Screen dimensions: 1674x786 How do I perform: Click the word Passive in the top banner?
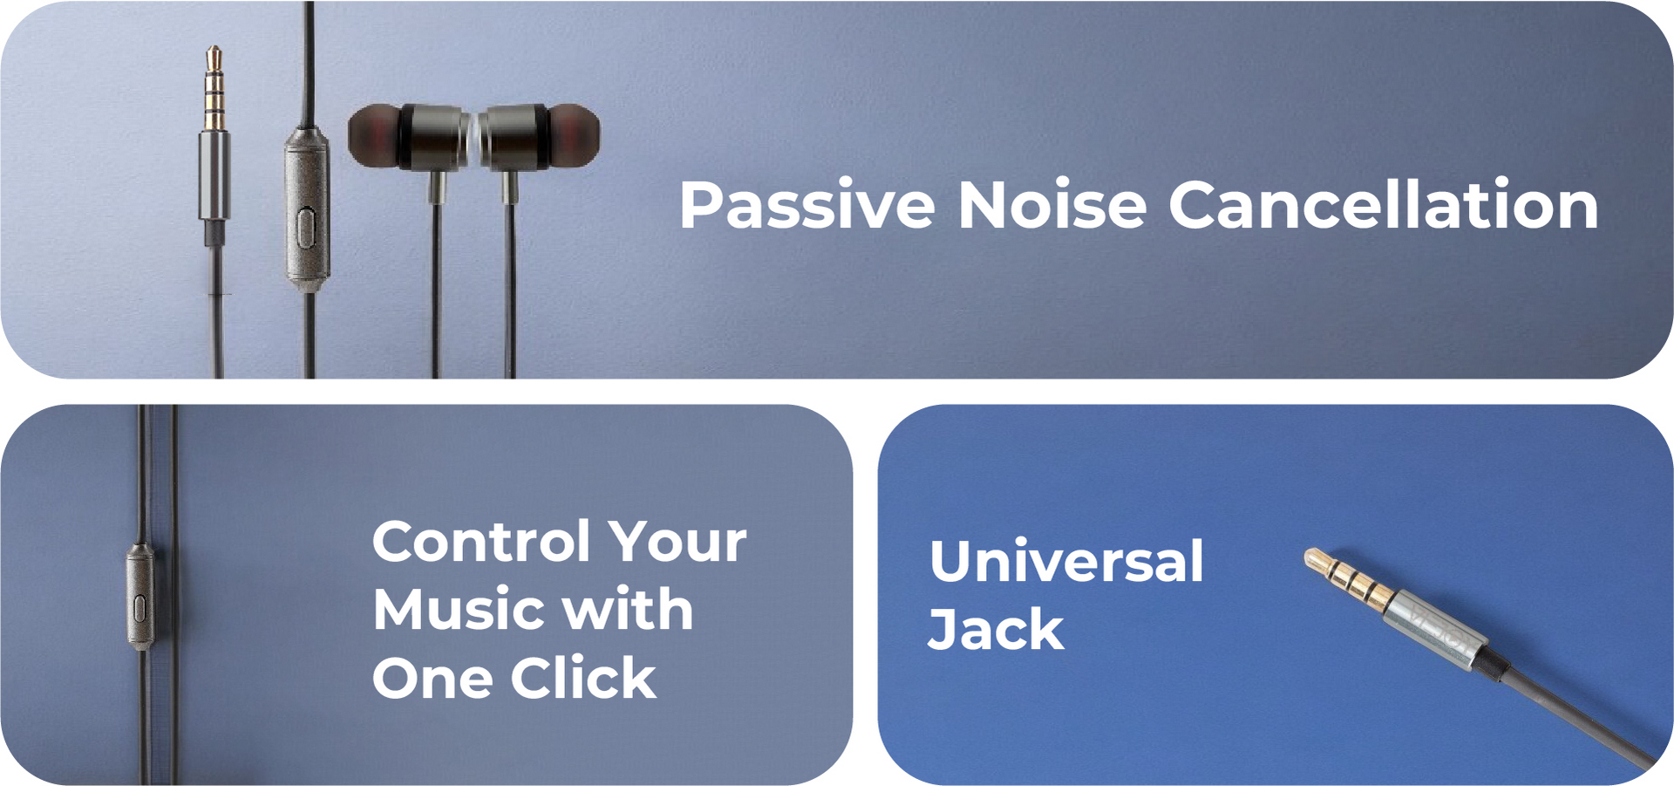pyautogui.click(x=807, y=205)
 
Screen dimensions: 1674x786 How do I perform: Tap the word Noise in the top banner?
pyautogui.click(x=1052, y=205)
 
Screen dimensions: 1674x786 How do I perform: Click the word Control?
pyautogui.click(x=481, y=541)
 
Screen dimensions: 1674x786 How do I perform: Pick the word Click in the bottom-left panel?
pyautogui.click(x=582, y=678)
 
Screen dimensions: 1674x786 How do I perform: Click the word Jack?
pyautogui.click(x=996, y=629)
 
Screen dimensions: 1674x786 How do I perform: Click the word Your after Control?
pyautogui.click(x=677, y=542)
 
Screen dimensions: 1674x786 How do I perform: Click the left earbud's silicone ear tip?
pyautogui.click(x=374, y=136)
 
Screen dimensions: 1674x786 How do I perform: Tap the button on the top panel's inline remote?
pyautogui.click(x=305, y=229)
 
